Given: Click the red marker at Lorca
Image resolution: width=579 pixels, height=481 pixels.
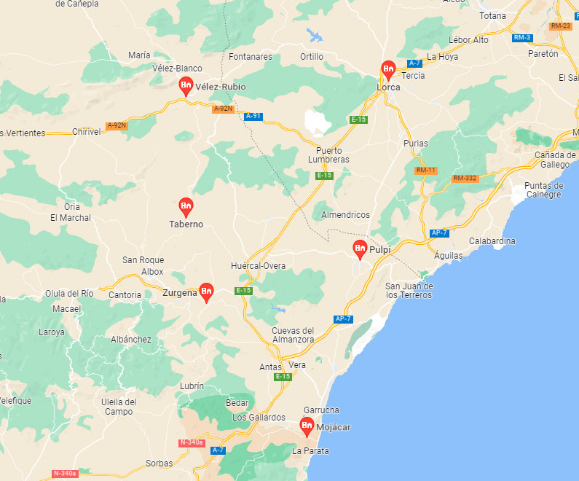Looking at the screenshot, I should pos(388,70).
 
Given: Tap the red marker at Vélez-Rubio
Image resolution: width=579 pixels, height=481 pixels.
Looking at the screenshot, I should pos(186,85).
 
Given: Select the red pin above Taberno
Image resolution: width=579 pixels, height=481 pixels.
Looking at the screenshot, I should pos(186,207).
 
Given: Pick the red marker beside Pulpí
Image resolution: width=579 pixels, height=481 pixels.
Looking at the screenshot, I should pos(360,249).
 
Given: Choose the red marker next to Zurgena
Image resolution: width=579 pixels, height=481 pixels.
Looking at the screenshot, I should pos(206,292).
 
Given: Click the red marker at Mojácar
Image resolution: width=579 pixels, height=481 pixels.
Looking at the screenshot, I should pos(307,426).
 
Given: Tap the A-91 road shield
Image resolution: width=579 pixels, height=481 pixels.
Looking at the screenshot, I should pos(253,116).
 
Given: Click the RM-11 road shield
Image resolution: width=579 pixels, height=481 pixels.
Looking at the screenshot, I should pos(425,171).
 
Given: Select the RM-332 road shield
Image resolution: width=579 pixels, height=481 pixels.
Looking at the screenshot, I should pos(464,178).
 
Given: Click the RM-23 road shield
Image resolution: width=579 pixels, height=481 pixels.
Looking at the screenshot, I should pos(560,26).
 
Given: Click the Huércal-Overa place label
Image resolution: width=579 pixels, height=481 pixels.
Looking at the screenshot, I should pos(258,265).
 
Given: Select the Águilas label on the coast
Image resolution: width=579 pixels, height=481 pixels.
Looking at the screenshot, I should pos(448,256).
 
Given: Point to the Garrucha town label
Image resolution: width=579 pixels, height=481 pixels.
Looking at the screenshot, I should pos(321,410).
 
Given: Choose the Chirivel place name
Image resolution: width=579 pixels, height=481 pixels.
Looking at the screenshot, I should pos(87,132).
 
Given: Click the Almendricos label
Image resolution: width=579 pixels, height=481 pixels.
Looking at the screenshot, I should pos(346,215).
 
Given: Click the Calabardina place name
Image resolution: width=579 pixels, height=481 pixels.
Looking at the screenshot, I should pos(492,240).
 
